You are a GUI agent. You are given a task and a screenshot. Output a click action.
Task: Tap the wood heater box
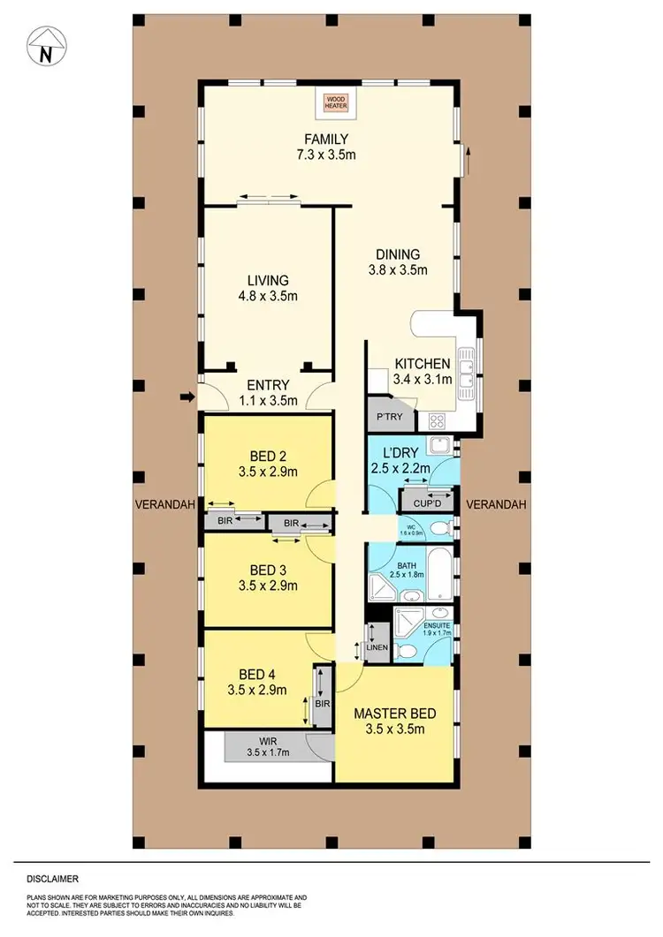335,104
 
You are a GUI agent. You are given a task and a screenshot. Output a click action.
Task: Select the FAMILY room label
326,139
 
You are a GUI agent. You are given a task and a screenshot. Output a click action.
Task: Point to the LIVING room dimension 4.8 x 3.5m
268,296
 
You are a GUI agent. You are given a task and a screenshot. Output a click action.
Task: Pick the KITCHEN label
423,364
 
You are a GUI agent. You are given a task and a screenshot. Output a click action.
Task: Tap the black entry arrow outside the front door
186,399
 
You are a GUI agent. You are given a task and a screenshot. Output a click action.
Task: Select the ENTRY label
267,385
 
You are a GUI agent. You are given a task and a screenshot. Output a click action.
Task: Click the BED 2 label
268,456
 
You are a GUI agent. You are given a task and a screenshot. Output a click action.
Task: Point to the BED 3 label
268,569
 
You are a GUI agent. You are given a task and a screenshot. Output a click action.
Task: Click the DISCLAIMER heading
53,879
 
